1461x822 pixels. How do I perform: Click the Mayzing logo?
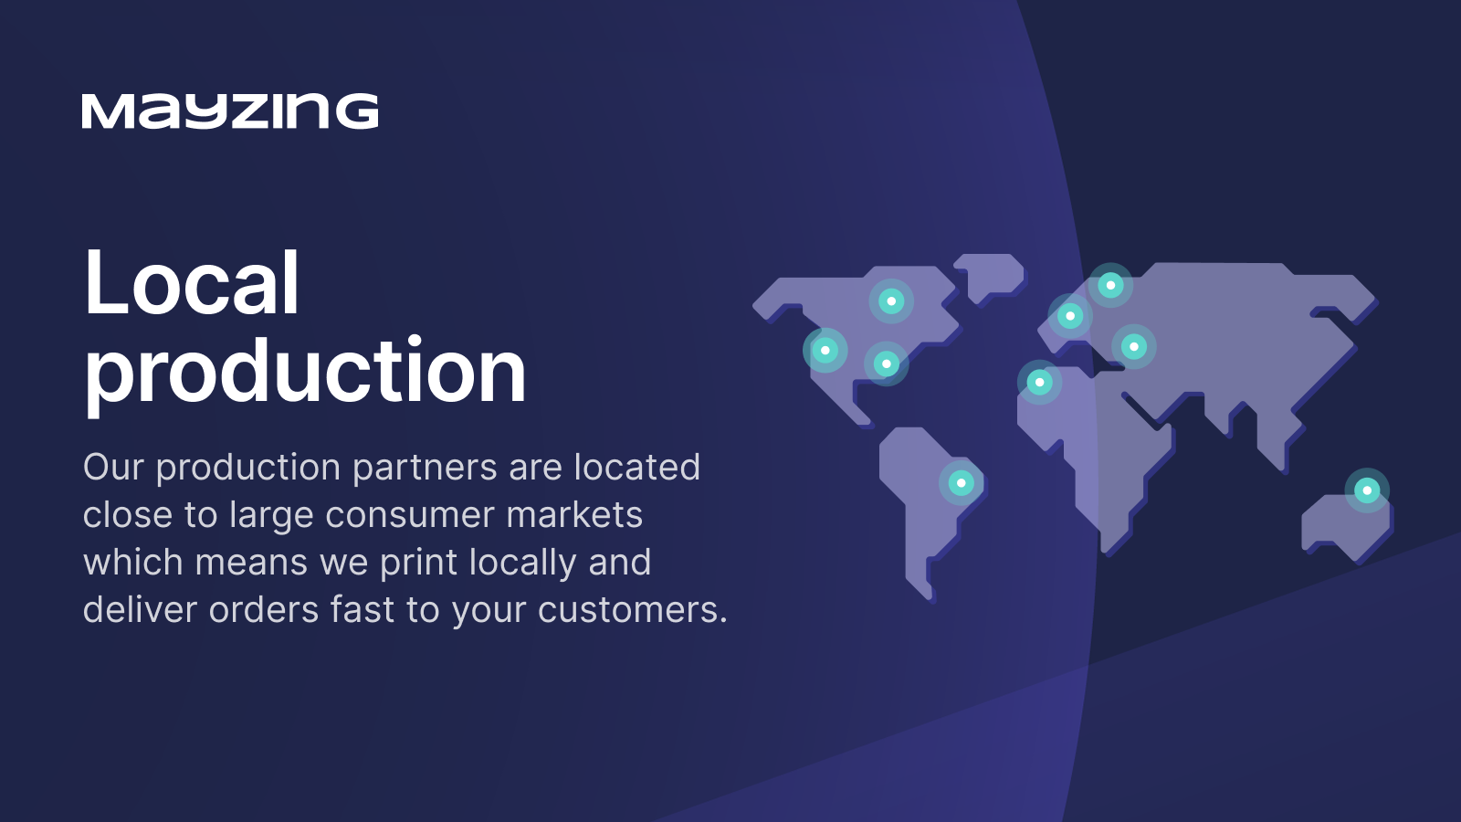229,111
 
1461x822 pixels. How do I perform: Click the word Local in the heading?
192,282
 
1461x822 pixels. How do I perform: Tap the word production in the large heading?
305,372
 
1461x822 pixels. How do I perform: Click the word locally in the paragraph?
523,563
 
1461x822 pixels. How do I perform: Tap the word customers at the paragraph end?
633,610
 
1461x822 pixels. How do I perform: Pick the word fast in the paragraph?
362,608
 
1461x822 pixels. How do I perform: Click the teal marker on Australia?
1367,490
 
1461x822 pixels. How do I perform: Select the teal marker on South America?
961,483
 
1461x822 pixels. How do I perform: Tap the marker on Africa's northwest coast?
1040,382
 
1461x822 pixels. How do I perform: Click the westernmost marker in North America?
825,351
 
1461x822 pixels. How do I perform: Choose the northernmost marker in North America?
891,300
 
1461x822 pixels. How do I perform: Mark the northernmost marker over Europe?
1110,285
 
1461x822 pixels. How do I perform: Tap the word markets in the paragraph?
574,515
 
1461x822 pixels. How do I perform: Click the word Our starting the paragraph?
113,467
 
